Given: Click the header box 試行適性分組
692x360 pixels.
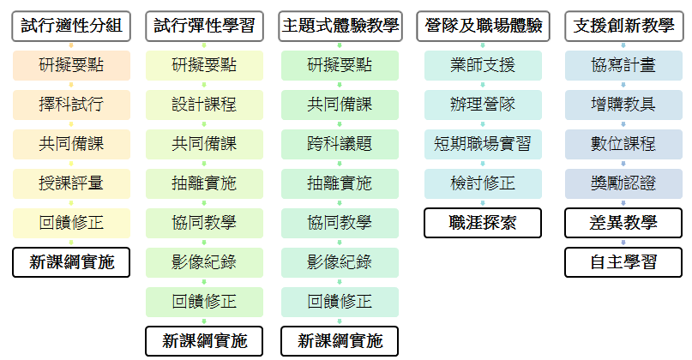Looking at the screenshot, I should pos(71,27).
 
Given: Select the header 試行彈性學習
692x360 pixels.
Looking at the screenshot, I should pos(204,27).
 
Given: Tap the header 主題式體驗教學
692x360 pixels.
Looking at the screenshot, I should pos(340,27).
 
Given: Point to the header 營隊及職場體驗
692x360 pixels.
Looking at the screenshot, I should pos(483,27).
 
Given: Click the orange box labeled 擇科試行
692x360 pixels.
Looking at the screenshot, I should pos(71,105).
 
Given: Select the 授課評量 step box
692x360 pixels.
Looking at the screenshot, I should pos(71,183).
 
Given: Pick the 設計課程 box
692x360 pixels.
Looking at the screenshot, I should pos(204,105).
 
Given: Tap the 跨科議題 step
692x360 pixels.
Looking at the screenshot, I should pos(340,144).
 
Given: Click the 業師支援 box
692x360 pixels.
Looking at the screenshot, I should pos(483,65).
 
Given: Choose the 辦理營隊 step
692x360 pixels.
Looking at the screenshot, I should pos(483,105).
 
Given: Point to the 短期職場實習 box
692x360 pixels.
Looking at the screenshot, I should pos(483,144).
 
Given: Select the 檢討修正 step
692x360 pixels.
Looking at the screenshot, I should pos(483,183).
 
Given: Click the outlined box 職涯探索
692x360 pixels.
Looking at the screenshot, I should pos(483,223).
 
